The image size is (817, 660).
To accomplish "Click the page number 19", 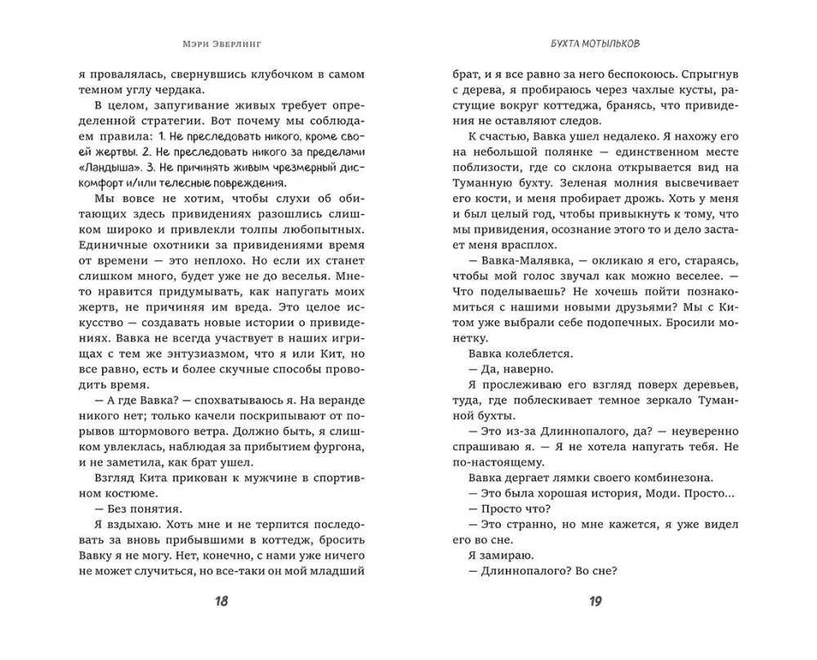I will pyautogui.click(x=595, y=603).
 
